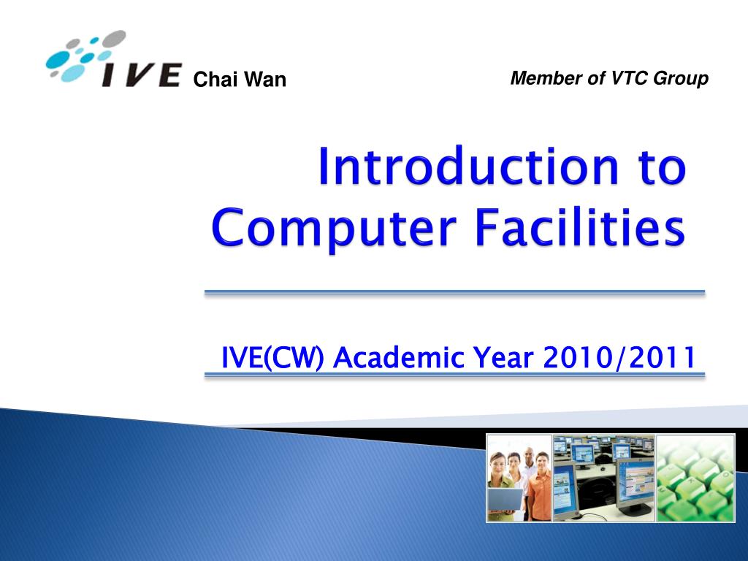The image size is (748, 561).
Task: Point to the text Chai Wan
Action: [x=240, y=80]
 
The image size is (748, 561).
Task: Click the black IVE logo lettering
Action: [x=142, y=75]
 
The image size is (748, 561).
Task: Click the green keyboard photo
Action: [x=695, y=478]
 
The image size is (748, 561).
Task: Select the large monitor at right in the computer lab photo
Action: [x=635, y=486]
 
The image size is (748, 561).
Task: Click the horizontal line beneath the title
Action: [x=454, y=292]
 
